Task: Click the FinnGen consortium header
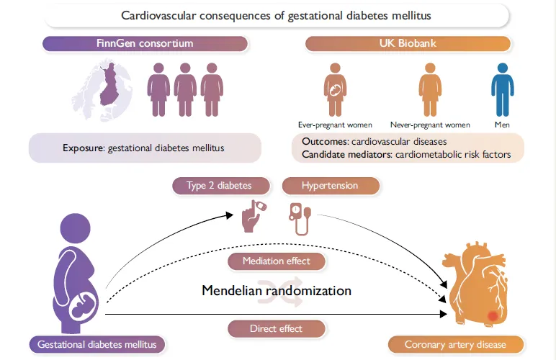[x=145, y=44]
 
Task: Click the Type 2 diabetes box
[x=220, y=185]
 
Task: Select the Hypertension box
[x=330, y=185]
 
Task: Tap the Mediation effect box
[x=277, y=261]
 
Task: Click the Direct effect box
[x=277, y=328]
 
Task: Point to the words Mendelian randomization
[x=277, y=291]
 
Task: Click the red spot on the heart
[x=493, y=315]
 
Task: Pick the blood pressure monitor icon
[x=300, y=217]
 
